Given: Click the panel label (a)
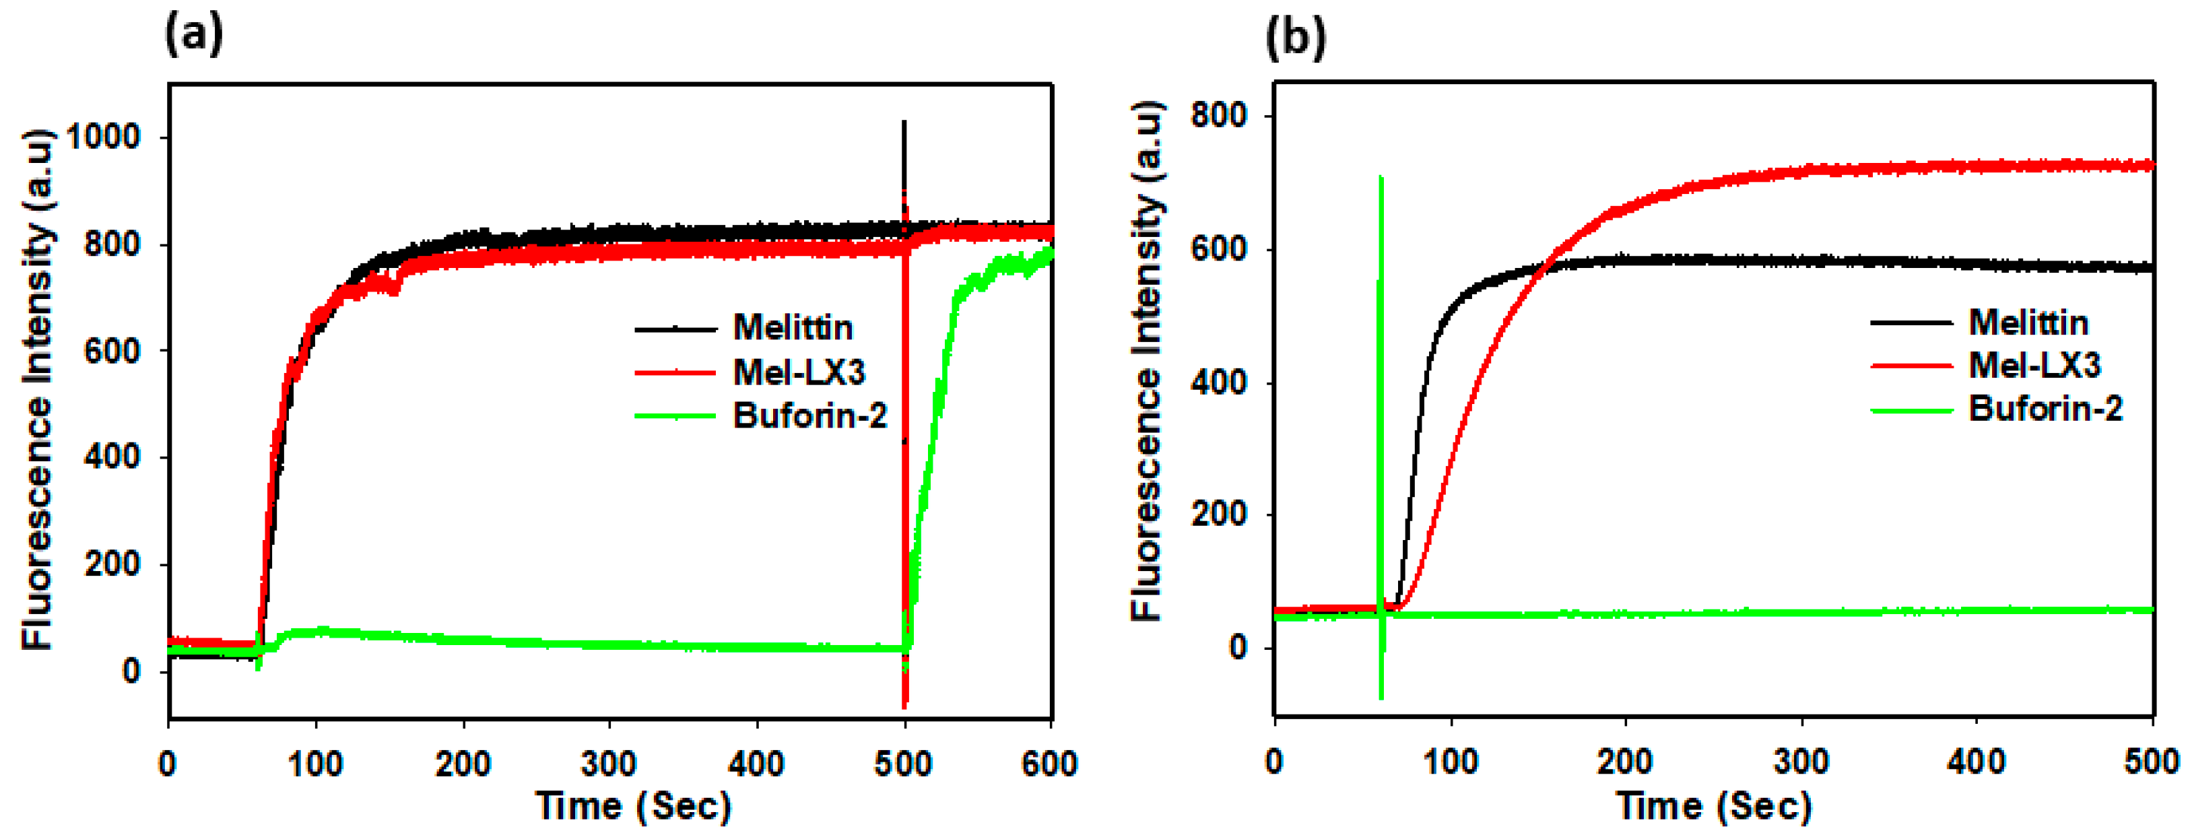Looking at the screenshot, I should click(194, 36).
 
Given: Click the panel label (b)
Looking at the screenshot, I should click(1295, 38).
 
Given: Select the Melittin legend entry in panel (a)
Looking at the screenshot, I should click(793, 327).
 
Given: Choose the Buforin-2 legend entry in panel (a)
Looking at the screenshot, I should click(809, 415).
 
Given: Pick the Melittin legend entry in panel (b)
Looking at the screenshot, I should click(2028, 322).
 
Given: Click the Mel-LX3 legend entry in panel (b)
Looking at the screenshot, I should click(2034, 366).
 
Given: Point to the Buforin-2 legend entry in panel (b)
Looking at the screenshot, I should click(2045, 409).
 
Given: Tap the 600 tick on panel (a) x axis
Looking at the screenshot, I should click(1049, 764).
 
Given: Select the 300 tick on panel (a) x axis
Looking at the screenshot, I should click(609, 764).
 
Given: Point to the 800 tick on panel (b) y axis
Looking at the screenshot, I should click(1218, 116).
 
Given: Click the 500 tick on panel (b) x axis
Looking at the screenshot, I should click(2151, 760).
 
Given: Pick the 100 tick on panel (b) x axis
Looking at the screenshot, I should click(1451, 760).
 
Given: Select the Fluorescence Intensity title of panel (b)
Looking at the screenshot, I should click(1146, 360).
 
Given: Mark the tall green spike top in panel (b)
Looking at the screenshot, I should click(1381, 178).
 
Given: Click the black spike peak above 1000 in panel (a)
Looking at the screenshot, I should click(904, 123).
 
